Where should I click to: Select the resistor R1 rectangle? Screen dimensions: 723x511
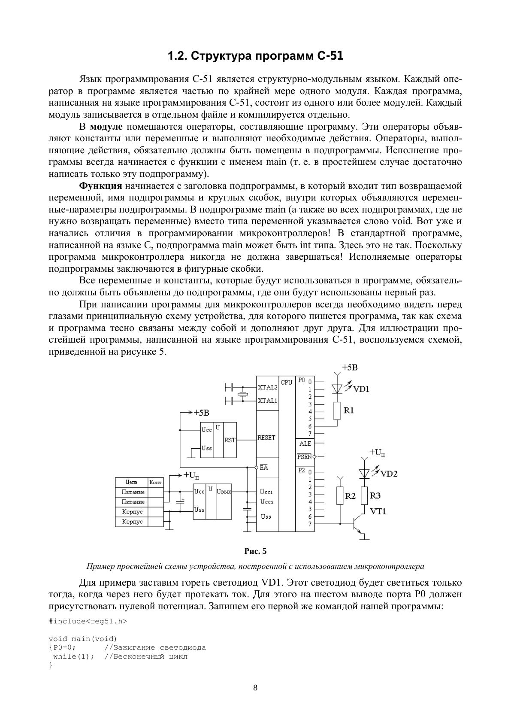(x=337, y=410)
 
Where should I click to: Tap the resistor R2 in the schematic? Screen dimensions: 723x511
(x=340, y=495)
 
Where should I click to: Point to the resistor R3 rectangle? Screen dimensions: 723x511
(x=364, y=495)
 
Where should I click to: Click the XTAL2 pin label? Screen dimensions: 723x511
(x=267, y=387)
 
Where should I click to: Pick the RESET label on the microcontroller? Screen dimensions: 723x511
(x=266, y=437)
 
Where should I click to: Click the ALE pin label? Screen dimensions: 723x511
(x=305, y=444)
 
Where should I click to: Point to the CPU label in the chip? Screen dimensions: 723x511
(x=286, y=382)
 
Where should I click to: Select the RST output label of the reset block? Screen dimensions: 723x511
(x=230, y=440)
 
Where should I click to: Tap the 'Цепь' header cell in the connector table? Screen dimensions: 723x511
(x=132, y=482)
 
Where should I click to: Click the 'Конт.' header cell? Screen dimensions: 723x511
(x=156, y=482)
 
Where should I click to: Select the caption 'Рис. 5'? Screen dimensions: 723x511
(x=255, y=551)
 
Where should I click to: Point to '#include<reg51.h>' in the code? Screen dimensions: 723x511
(x=88, y=621)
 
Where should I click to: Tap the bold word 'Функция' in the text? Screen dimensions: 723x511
(x=101, y=186)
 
